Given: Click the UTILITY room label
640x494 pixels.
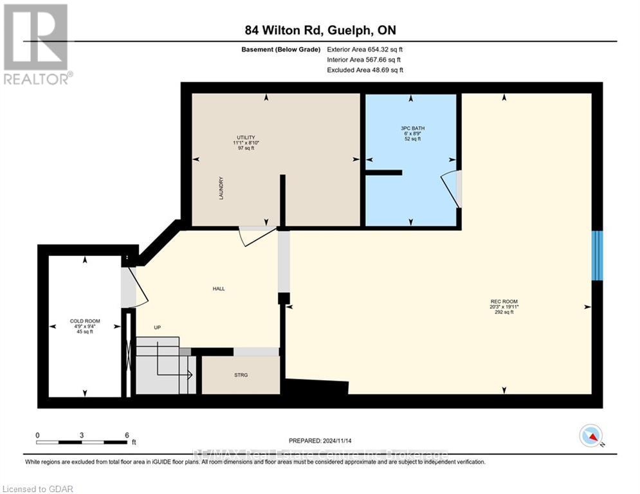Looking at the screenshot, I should (245, 137).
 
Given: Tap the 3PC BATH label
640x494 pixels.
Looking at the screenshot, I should (412, 128).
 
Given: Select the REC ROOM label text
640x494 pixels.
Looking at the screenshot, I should (504, 302).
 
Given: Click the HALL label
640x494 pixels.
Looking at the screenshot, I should (219, 289).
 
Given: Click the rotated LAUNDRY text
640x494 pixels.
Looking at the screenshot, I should (221, 188).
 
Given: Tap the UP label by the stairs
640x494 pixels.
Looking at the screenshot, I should (157, 327).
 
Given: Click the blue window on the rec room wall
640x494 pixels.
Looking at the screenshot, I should (598, 255).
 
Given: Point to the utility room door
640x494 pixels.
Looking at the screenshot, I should (256, 235).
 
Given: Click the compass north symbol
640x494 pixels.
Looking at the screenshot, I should (590, 435).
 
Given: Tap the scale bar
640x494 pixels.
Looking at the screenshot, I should (82, 441).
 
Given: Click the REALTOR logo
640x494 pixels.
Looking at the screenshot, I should (37, 44).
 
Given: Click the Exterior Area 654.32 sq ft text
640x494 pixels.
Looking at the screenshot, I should (365, 49).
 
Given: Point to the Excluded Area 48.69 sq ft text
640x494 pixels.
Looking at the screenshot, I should (365, 69).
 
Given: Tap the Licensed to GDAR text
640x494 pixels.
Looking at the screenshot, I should (37, 489).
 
